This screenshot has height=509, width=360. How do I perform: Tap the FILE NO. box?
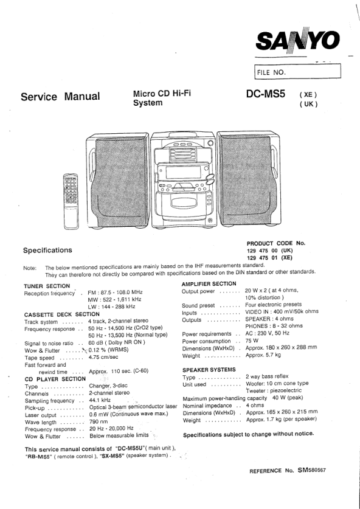[x=297, y=71]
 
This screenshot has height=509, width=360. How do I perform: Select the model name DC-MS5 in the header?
[x=266, y=94]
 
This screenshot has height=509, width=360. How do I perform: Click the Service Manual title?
[x=60, y=97]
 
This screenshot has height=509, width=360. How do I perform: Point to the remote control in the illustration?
[x=71, y=201]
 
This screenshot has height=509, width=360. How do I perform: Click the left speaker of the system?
[x=117, y=181]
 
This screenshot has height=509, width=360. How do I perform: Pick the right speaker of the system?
[x=249, y=179]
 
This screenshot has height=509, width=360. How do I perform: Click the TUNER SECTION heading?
[x=47, y=286]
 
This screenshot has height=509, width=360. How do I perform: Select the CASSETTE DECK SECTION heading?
[x=61, y=314]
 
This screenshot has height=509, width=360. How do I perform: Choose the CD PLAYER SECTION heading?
[x=55, y=379]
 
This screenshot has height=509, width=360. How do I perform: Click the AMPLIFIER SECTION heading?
[x=209, y=284]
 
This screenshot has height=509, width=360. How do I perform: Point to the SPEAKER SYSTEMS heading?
[x=209, y=370]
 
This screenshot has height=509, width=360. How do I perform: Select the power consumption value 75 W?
[x=252, y=341]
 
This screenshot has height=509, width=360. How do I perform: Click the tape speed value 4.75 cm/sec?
[x=103, y=358]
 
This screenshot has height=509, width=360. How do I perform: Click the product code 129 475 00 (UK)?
[x=270, y=251]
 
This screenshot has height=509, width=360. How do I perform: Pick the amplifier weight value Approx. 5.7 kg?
[x=263, y=355]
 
